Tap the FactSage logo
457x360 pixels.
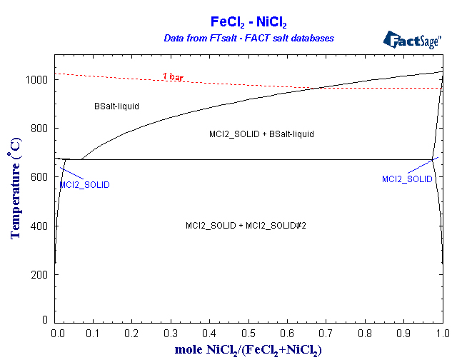pyautogui.click(x=412, y=39)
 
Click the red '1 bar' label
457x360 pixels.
pyautogui.click(x=173, y=76)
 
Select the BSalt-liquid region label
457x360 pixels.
pyautogui.click(x=116, y=106)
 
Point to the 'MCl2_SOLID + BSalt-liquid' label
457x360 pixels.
pyautogui.click(x=261, y=134)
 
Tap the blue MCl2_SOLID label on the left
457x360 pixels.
pyautogui.click(x=84, y=184)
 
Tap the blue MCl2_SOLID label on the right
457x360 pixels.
pyautogui.click(x=407, y=179)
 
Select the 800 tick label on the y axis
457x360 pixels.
pyautogui.click(x=41, y=129)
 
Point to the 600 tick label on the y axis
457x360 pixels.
pyautogui.click(x=41, y=177)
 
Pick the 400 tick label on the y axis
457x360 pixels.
pyautogui.click(x=41, y=226)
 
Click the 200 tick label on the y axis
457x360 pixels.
pyautogui.click(x=41, y=275)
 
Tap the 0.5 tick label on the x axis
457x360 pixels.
pyautogui.click(x=248, y=333)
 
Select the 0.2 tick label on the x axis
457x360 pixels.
pyautogui.click(x=132, y=333)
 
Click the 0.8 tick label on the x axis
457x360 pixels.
pyautogui.click(x=365, y=333)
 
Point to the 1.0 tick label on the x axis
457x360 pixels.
pyautogui.click(x=442, y=333)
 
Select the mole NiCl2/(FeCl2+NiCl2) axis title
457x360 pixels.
pyautogui.click(x=248, y=349)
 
